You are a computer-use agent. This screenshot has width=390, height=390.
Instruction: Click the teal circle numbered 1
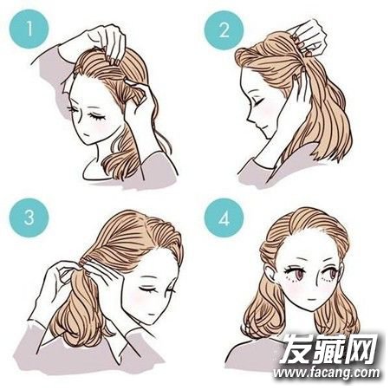pyautogui.click(x=29, y=29)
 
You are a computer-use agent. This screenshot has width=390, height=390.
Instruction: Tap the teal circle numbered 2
pyautogui.click(x=224, y=29)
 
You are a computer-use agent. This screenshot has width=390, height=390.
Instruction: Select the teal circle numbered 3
pyautogui.click(x=29, y=218)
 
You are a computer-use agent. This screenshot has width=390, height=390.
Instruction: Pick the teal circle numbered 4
pyautogui.click(x=224, y=218)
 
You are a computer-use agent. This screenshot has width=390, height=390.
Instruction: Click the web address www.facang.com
pyautogui.click(x=326, y=373)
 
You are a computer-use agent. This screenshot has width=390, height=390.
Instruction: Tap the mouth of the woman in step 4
pyautogui.click(x=310, y=299)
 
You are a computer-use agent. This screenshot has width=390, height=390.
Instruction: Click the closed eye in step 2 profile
pyautogui.click(x=258, y=101)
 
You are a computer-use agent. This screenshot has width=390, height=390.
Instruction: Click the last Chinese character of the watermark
pyautogui.click(x=362, y=348)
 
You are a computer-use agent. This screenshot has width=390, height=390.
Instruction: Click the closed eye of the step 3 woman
pyautogui.click(x=147, y=289)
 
